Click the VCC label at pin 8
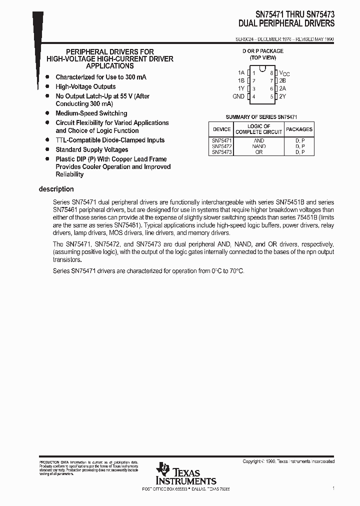pyautogui.click(x=284, y=73)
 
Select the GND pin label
pyautogui.click(x=238, y=96)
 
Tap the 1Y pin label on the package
pyautogui.click(x=241, y=88)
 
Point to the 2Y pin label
pyautogui.click(x=282, y=96)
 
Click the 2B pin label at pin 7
pyautogui.click(x=282, y=80)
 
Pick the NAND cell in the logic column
pyautogui.click(x=258, y=146)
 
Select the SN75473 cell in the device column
pyautogui.click(x=221, y=152)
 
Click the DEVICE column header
pyautogui.click(x=221, y=129)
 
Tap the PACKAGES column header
pyautogui.click(x=299, y=129)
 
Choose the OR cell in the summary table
pyautogui.click(x=258, y=152)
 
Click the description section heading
pyautogui.click(x=56, y=189)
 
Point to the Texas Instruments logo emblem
pyautogui.click(x=163, y=470)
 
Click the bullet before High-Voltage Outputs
pyautogui.click(x=47, y=86)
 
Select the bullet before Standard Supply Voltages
pyautogui.click(x=47, y=149)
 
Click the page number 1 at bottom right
pyautogui.click(x=333, y=487)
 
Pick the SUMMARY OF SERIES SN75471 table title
pyautogui.click(x=261, y=116)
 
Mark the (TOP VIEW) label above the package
pyautogui.click(x=263, y=57)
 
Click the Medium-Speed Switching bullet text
pyautogui.click(x=91, y=113)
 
